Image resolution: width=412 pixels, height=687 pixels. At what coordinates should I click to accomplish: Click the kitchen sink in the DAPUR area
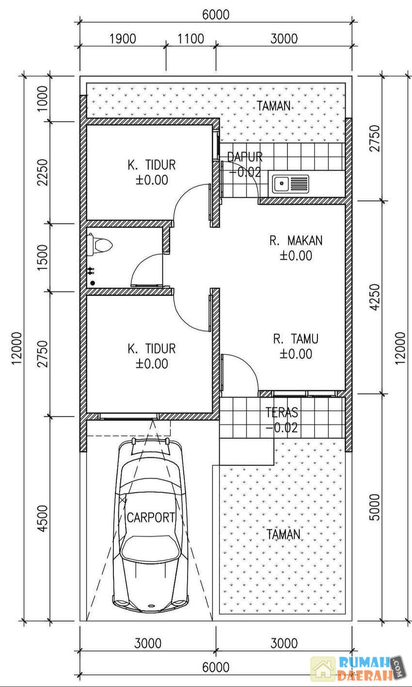pyautogui.click(x=291, y=184)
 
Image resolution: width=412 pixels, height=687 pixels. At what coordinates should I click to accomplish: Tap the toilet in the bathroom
pyautogui.click(x=99, y=245)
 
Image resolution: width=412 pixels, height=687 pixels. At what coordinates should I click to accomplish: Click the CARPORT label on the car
pyautogui.click(x=151, y=517)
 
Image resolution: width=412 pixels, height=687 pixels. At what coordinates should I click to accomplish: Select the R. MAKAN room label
pyautogui.click(x=296, y=240)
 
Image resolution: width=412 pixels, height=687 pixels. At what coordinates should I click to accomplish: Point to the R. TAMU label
pyautogui.click(x=296, y=339)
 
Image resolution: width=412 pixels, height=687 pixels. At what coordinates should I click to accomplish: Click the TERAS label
pyautogui.click(x=282, y=413)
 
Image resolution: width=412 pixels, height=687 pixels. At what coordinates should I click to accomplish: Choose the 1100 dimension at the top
pyautogui.click(x=190, y=39)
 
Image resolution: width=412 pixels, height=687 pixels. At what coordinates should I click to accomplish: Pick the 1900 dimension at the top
pyautogui.click(x=123, y=39)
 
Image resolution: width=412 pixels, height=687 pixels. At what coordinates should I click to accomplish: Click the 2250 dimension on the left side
pyautogui.click(x=43, y=173)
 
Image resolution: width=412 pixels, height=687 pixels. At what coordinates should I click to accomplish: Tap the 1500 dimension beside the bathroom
pyautogui.click(x=43, y=257)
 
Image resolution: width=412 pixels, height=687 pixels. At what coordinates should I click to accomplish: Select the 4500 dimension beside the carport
pyautogui.click(x=43, y=518)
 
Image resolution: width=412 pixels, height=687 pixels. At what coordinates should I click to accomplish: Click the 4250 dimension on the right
pyautogui.click(x=375, y=297)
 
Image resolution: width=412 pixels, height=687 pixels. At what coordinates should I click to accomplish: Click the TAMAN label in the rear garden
pyautogui.click(x=274, y=106)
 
